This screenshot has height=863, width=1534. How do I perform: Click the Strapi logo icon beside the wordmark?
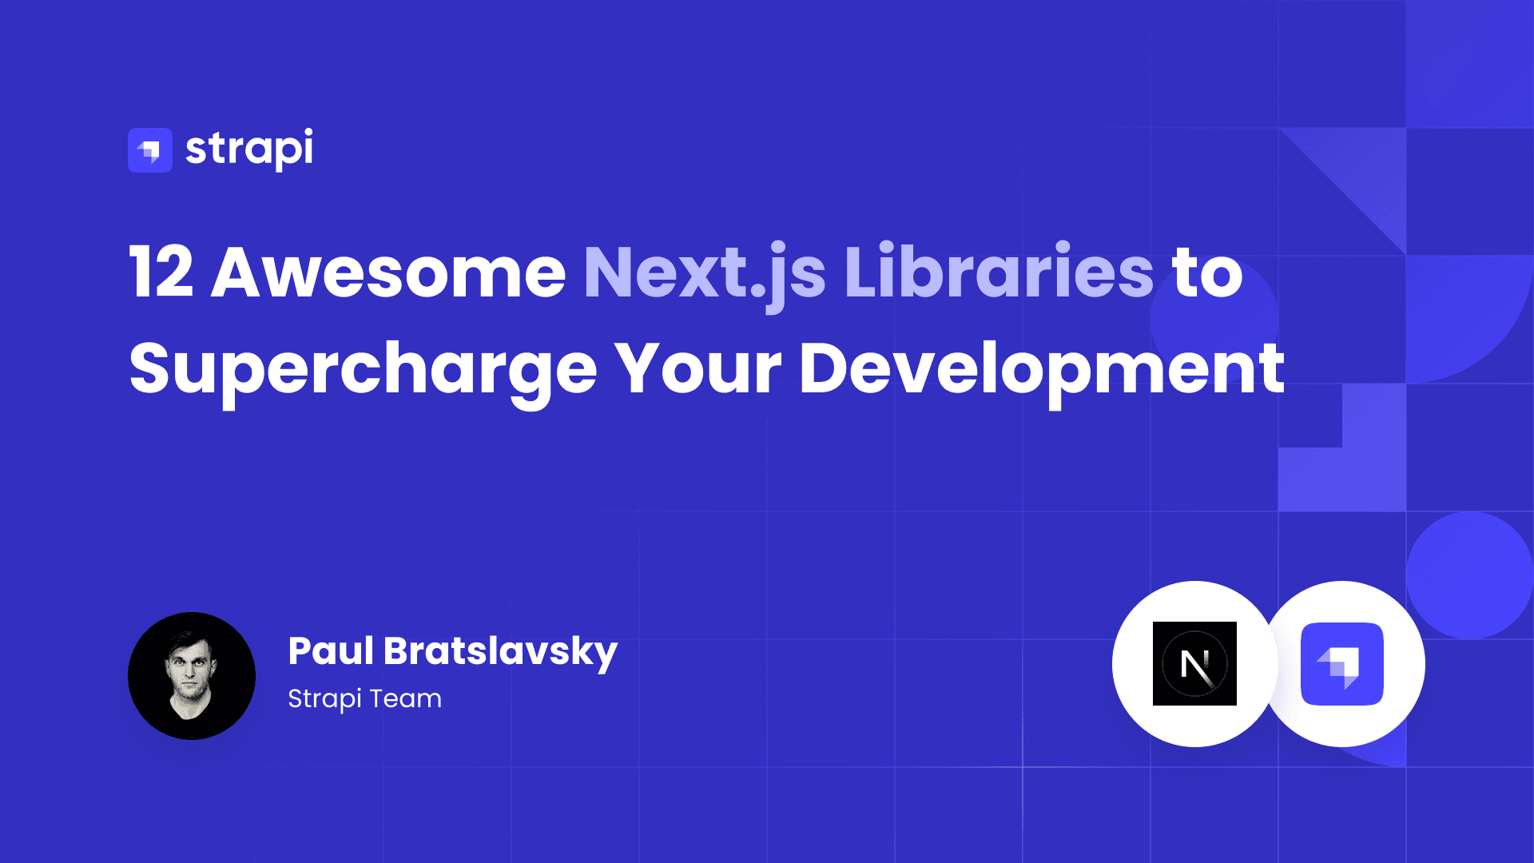click(150, 150)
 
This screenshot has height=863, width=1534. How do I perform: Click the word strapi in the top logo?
click(249, 149)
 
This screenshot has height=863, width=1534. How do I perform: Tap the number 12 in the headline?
click(161, 272)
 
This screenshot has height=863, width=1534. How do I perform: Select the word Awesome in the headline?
click(388, 272)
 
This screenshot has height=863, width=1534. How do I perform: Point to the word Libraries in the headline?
click(999, 272)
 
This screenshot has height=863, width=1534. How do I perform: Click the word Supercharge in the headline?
click(364, 371)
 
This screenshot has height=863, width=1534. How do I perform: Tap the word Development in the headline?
click(1042, 371)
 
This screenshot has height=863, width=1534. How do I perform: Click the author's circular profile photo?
click(192, 676)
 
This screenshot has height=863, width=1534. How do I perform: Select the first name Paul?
click(331, 650)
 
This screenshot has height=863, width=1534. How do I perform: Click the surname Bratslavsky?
click(501, 653)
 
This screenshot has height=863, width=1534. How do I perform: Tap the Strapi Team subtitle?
click(364, 699)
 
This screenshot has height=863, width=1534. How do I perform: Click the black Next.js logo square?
click(1194, 663)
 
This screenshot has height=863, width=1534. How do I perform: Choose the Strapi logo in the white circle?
click(1342, 664)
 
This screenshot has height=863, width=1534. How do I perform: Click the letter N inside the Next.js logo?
click(1195, 665)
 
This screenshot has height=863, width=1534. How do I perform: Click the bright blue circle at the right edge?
click(1470, 575)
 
